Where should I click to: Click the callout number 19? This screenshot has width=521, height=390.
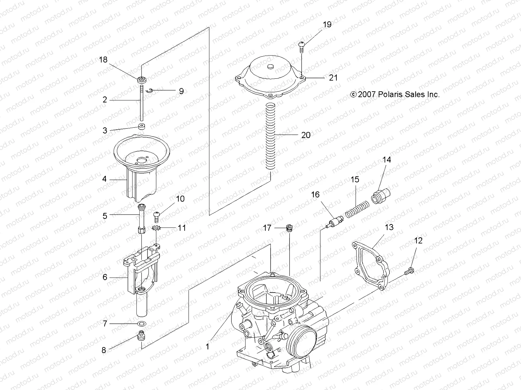327,25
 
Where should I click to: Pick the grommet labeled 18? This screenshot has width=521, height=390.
142,80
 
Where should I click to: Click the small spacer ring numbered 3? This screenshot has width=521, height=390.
142,126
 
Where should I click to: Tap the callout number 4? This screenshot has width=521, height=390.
105,179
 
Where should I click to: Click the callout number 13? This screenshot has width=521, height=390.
389,227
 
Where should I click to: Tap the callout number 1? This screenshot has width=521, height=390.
207,347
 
